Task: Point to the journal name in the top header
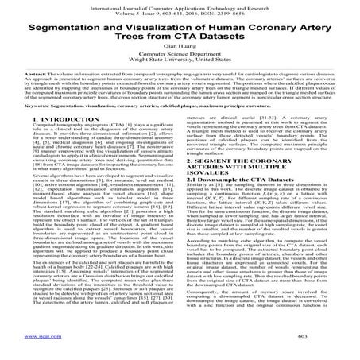[x=180, y=4]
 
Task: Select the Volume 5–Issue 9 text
[x=136, y=11]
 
